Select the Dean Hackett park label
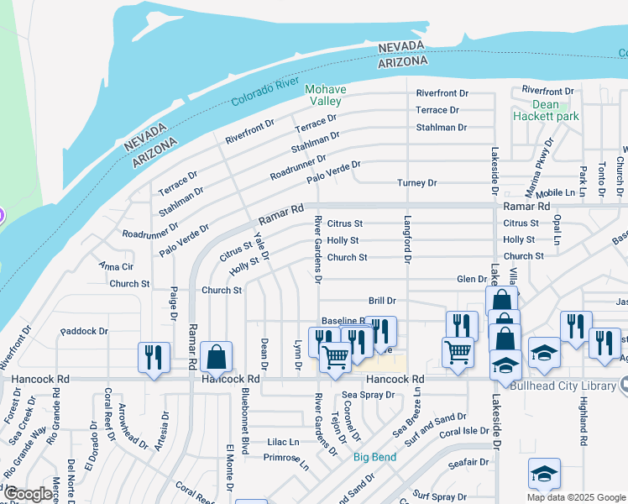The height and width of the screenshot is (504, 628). (546, 111)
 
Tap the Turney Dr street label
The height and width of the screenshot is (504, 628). (417, 183)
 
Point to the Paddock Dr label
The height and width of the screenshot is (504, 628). (85, 331)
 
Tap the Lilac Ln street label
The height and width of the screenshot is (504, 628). (282, 441)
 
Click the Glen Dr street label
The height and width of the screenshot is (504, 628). (471, 279)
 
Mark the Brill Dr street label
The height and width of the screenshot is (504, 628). (382, 300)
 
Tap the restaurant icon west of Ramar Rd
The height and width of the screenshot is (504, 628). (154, 356)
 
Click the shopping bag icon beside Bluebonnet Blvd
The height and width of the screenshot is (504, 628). (217, 356)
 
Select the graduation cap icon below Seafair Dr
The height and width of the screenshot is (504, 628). (544, 474)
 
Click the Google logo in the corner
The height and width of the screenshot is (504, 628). (28, 495)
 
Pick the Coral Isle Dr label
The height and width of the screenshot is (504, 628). (463, 432)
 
